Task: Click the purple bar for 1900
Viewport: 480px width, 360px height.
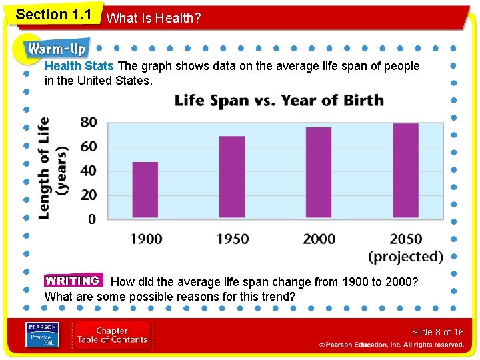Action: pyautogui.click(x=145, y=190)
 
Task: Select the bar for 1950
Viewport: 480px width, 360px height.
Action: pyautogui.click(x=232, y=177)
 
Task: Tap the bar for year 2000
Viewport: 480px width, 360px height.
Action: pyautogui.click(x=319, y=172)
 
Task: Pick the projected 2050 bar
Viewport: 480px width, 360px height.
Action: pyautogui.click(x=405, y=170)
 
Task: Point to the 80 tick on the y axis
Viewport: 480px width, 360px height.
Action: pyautogui.click(x=89, y=123)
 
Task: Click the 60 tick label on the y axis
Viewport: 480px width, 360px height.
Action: pyautogui.click(x=89, y=147)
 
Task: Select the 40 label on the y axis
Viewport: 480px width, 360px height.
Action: pyautogui.click(x=89, y=171)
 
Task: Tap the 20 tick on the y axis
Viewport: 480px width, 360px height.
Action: pyautogui.click(x=89, y=195)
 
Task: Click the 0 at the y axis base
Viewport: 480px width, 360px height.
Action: pyautogui.click(x=92, y=219)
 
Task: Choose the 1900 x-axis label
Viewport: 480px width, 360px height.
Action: pyautogui.click(x=145, y=239)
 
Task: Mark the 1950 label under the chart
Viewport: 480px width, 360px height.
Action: pyautogui.click(x=232, y=239)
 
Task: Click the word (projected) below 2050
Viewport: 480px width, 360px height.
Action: pyautogui.click(x=405, y=257)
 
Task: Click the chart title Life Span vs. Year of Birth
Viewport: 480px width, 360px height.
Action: pyautogui.click(x=279, y=101)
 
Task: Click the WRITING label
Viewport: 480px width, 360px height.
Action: pyautogui.click(x=73, y=281)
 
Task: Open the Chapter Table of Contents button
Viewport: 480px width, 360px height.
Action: pyautogui.click(x=111, y=335)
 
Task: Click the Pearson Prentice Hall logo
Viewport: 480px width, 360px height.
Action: pyautogui.click(x=41, y=335)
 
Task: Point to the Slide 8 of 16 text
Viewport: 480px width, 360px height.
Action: pyautogui.click(x=437, y=332)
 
